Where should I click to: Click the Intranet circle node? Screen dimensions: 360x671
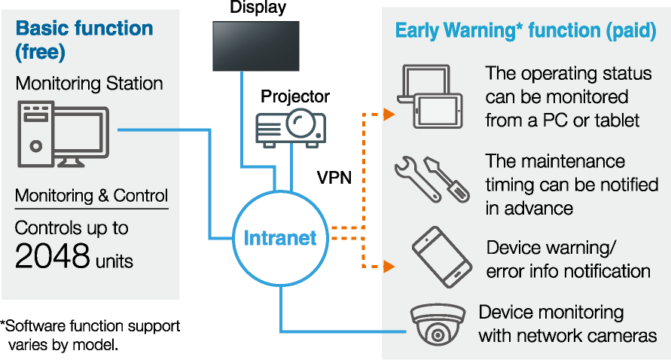(x=279, y=239)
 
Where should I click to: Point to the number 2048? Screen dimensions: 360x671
(x=53, y=257)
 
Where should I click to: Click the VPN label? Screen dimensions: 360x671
(x=334, y=178)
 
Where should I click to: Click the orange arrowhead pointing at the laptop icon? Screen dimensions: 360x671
(x=389, y=114)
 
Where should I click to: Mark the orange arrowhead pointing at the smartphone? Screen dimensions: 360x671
(x=389, y=266)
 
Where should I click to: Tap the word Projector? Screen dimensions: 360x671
(x=295, y=96)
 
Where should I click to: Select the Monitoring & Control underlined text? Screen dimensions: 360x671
(x=91, y=196)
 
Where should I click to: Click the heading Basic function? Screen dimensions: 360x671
(x=84, y=29)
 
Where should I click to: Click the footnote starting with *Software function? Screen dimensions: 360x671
(x=90, y=335)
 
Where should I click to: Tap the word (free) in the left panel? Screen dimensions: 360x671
(x=40, y=53)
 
